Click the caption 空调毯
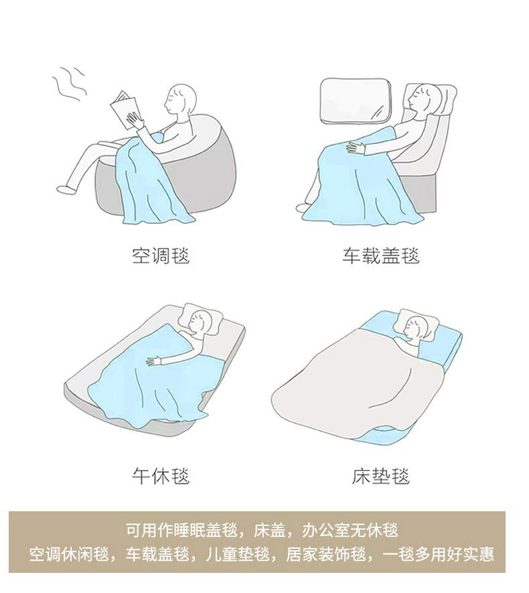161,256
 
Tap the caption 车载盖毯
381,256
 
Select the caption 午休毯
161,476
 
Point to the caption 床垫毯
381,476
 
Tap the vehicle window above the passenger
356,101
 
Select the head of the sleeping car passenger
425,96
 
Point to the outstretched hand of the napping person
154,361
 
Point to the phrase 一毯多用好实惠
439,554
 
